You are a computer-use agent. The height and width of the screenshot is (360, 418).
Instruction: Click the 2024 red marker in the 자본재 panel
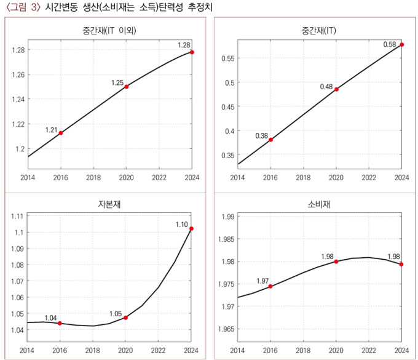(x=192, y=229)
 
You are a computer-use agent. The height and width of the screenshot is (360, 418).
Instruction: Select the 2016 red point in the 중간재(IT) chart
(x=270, y=140)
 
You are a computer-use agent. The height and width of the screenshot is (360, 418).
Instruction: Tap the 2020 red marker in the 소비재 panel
(x=336, y=262)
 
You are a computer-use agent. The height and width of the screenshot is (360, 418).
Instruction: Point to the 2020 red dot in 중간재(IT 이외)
(x=127, y=87)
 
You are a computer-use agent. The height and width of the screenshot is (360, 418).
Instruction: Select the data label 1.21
(x=51, y=130)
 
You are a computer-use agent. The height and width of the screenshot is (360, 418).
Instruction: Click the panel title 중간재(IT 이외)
(x=109, y=30)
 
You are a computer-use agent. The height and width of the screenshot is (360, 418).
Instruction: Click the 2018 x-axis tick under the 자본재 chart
(x=93, y=350)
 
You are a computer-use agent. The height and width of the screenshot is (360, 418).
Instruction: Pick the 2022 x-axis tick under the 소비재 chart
(x=369, y=350)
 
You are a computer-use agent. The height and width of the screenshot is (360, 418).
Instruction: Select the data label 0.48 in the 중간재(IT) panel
(x=326, y=87)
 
